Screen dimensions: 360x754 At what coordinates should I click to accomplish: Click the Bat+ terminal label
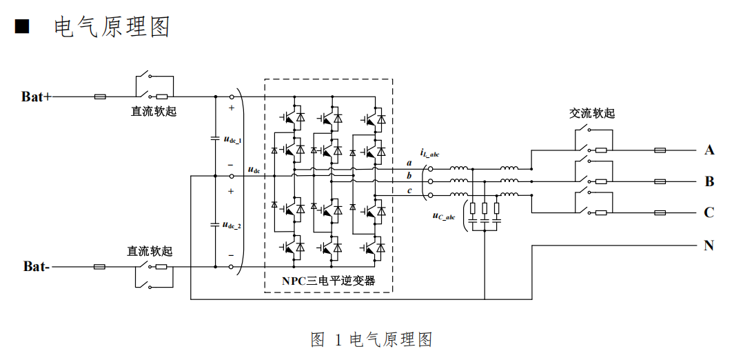pyautogui.click(x=36, y=97)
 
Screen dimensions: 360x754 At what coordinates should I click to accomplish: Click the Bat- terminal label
pyautogui.click(x=36, y=266)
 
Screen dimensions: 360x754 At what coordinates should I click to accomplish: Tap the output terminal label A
pyautogui.click(x=709, y=150)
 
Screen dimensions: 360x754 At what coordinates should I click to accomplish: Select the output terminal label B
pyautogui.click(x=709, y=182)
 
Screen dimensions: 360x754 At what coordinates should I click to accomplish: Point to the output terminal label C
pyautogui.click(x=709, y=212)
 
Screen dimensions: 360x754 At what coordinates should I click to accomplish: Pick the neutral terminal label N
pyautogui.click(x=709, y=245)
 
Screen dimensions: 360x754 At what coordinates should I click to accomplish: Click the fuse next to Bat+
pyautogui.click(x=100, y=97)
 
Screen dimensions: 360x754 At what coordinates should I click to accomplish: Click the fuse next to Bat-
pyautogui.click(x=100, y=266)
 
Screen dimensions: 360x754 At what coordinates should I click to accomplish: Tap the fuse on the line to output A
pyautogui.click(x=660, y=150)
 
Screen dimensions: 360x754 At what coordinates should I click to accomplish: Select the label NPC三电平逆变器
pyautogui.click(x=328, y=281)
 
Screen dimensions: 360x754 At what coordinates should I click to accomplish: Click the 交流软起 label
pyautogui.click(x=591, y=113)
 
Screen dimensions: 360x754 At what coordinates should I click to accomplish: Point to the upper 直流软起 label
pyautogui.click(x=154, y=111)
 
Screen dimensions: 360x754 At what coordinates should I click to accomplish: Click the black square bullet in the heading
pyautogui.click(x=23, y=27)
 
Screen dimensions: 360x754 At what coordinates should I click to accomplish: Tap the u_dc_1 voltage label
pyautogui.click(x=232, y=139)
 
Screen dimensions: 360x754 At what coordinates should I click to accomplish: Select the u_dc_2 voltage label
pyautogui.click(x=232, y=225)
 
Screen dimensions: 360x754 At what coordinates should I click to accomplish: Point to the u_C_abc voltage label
pyautogui.click(x=444, y=216)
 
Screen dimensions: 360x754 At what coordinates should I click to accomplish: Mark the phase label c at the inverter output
pyautogui.click(x=409, y=190)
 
